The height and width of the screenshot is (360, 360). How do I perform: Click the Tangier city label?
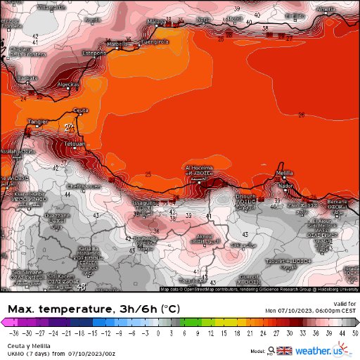[37, 122]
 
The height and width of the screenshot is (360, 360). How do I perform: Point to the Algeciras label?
[67, 84]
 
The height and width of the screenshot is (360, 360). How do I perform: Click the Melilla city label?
[284, 172]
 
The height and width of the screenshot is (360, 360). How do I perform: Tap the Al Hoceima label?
[198, 168]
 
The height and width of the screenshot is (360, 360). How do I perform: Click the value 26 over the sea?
[302, 115]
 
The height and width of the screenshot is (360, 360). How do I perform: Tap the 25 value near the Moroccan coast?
[148, 174]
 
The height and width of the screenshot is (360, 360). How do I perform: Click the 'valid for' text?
[347, 303]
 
